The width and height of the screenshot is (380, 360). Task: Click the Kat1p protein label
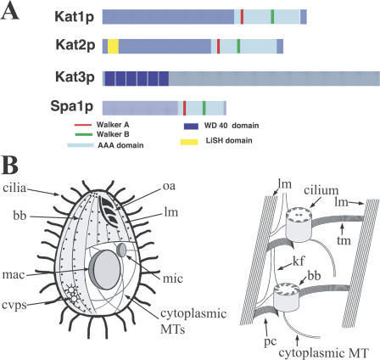click(75, 17)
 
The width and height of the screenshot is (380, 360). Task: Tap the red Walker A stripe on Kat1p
click(242, 17)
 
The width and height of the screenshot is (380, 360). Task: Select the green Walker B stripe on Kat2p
click(238, 46)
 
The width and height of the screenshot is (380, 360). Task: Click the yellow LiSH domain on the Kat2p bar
click(113, 46)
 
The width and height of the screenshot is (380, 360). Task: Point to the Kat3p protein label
click(75, 77)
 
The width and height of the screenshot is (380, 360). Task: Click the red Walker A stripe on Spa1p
click(184, 108)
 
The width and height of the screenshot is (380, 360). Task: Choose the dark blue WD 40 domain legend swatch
click(191, 126)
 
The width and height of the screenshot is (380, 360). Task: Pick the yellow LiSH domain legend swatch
click(189, 142)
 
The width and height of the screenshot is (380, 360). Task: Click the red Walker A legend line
click(83, 125)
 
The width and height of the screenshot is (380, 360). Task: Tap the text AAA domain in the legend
click(120, 145)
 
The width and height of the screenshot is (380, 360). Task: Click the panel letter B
click(10, 166)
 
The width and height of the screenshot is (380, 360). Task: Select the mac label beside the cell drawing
click(14, 274)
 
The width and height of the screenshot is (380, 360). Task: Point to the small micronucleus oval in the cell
click(121, 250)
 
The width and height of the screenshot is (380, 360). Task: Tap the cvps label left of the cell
click(14, 306)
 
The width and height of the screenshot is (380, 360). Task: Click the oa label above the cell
click(169, 186)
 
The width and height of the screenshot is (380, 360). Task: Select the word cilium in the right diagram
click(321, 191)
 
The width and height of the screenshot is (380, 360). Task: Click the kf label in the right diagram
click(299, 261)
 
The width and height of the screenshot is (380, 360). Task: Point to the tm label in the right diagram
click(344, 240)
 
